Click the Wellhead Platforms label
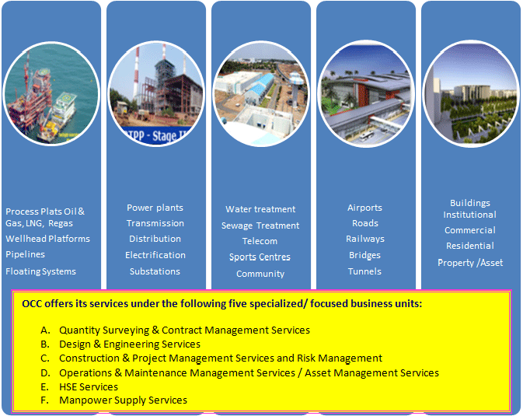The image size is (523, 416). (47, 239)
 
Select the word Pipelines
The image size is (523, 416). (25, 254)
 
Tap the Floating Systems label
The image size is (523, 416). (40, 271)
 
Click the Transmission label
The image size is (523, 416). (155, 223)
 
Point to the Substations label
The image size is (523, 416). (155, 271)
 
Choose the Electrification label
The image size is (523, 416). (155, 255)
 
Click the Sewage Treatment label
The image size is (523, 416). (260, 225)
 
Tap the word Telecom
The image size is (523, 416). (260, 241)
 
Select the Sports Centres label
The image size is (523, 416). (260, 257)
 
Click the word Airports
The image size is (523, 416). (364, 208)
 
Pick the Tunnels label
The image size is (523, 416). (364, 271)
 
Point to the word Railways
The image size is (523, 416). (365, 239)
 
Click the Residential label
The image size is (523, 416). (470, 246)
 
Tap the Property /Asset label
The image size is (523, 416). (470, 263)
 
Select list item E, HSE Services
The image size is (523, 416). (79, 386)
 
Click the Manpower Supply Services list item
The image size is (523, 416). (113, 400)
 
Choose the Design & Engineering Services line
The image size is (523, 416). (120, 344)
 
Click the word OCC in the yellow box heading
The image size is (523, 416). (32, 303)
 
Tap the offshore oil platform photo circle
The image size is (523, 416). (51, 94)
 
